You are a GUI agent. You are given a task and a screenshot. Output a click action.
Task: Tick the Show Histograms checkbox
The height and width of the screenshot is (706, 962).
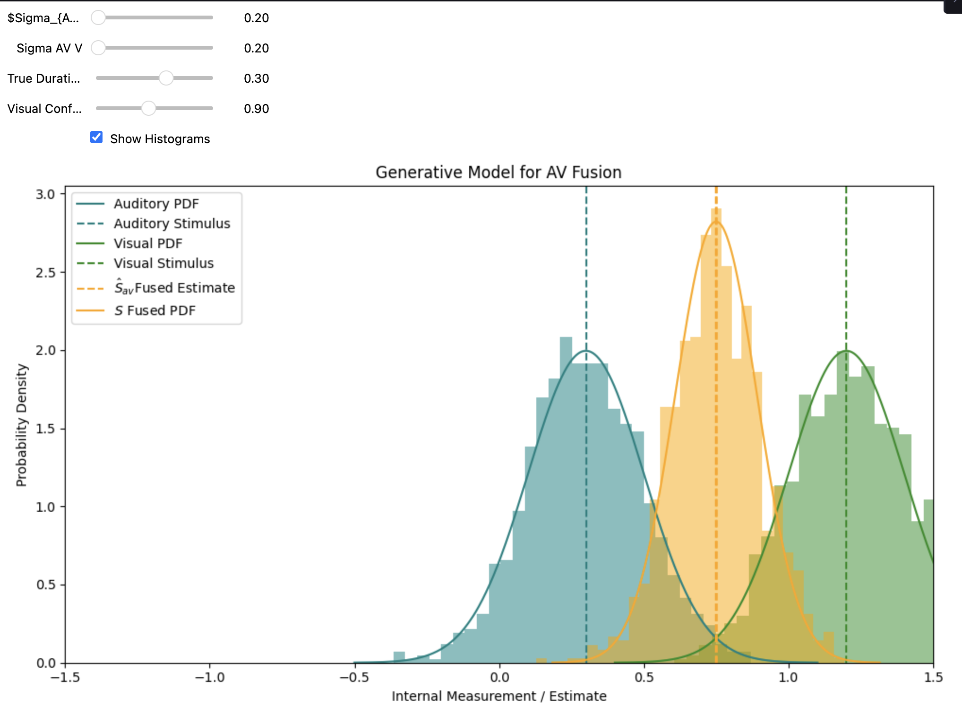[x=96, y=138]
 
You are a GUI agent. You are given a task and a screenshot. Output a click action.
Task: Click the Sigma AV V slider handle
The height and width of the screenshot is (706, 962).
[x=98, y=48]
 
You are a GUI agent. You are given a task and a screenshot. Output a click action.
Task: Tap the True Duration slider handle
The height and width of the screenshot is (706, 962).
[x=166, y=78]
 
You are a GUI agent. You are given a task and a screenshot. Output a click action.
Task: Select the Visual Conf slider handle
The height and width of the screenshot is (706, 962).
[x=148, y=108]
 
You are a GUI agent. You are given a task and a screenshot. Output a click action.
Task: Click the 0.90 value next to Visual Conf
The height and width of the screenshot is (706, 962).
[x=256, y=109]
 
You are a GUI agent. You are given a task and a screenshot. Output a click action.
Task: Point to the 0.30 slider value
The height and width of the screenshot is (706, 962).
[x=256, y=78]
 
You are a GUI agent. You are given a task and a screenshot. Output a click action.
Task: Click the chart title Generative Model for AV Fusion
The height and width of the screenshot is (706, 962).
[x=498, y=172]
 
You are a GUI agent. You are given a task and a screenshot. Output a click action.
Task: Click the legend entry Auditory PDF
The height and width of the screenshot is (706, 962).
[x=156, y=204]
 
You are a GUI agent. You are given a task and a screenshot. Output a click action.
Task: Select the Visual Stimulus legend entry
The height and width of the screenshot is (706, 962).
[x=163, y=263]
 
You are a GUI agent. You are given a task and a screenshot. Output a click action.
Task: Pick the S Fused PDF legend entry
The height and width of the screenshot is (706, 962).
[x=155, y=310]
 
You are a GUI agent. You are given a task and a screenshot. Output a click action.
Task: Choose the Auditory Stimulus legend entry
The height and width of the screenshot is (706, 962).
[x=172, y=224]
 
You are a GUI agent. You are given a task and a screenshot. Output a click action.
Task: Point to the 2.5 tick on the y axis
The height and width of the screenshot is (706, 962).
[x=45, y=273]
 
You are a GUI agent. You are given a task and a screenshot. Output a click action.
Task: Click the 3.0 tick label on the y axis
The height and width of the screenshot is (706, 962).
[x=45, y=194]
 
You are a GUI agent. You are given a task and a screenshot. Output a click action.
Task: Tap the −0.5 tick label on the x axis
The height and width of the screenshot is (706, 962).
[x=354, y=677]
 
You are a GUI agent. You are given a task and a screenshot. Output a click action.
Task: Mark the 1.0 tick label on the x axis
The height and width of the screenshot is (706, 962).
[x=788, y=677]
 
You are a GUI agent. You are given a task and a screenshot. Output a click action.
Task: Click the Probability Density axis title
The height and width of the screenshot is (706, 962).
[x=22, y=425]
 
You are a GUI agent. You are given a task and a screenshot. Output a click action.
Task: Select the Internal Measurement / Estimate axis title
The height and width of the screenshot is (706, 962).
[x=498, y=696]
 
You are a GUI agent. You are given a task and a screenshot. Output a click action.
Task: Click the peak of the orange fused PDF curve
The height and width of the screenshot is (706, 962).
[x=716, y=221]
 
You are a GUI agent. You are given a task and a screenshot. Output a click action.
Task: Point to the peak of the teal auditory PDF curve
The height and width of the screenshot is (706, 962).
[x=586, y=351]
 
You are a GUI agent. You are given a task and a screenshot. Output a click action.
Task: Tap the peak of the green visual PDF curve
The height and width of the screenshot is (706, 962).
[x=846, y=351]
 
